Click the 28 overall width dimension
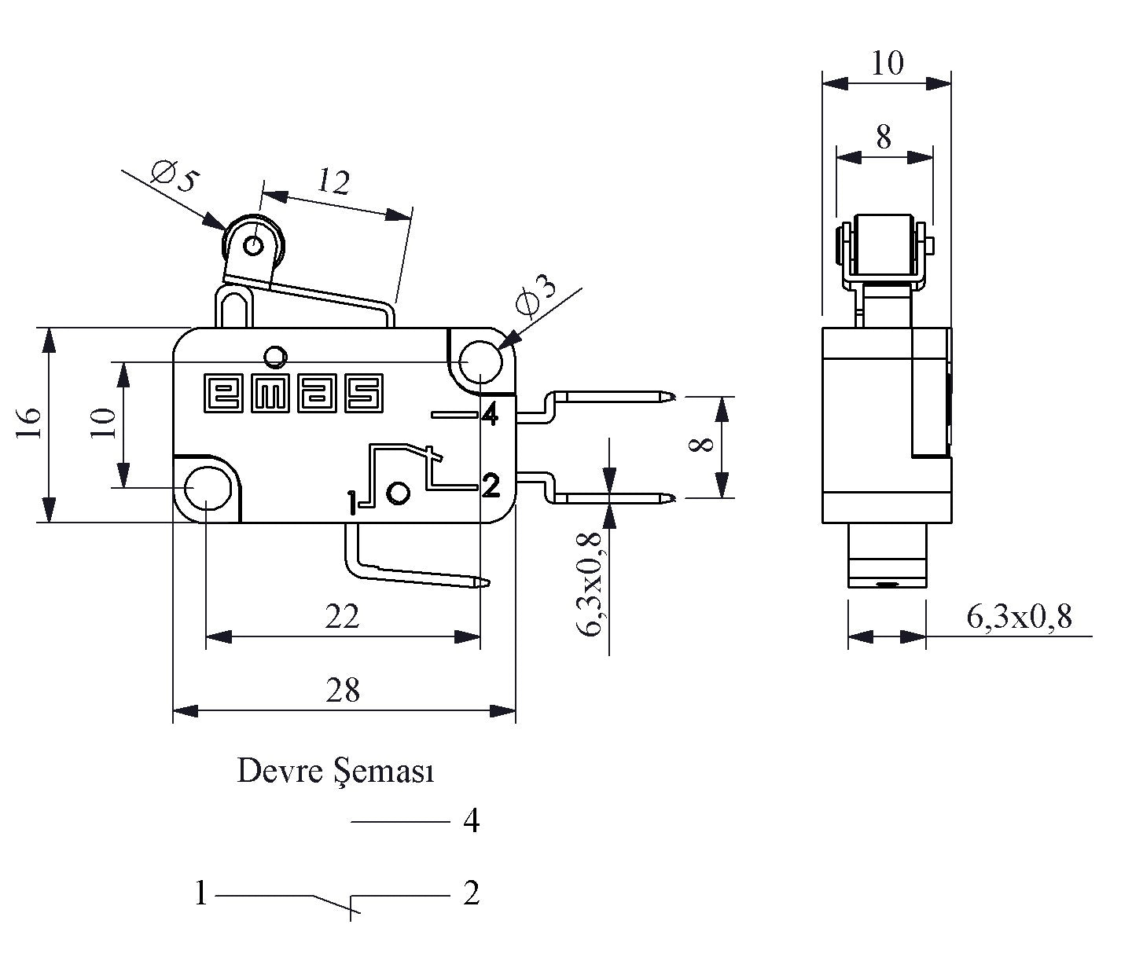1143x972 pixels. point(343,691)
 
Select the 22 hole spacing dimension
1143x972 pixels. point(343,617)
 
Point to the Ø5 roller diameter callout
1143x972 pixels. point(172,178)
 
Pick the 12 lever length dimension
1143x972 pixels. point(333,183)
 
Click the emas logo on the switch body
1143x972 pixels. point(293,392)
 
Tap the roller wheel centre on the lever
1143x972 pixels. point(253,246)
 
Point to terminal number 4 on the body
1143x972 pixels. point(489,414)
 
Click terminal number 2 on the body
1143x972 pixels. point(490,486)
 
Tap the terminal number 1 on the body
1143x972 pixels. point(351,502)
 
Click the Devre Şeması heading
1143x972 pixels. point(336,772)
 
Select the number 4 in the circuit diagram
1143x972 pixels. point(471,821)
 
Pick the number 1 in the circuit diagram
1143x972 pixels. point(201,893)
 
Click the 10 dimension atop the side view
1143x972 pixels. point(888,63)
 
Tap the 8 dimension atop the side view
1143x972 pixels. point(884,138)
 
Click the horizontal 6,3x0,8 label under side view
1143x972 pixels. point(1019,618)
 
